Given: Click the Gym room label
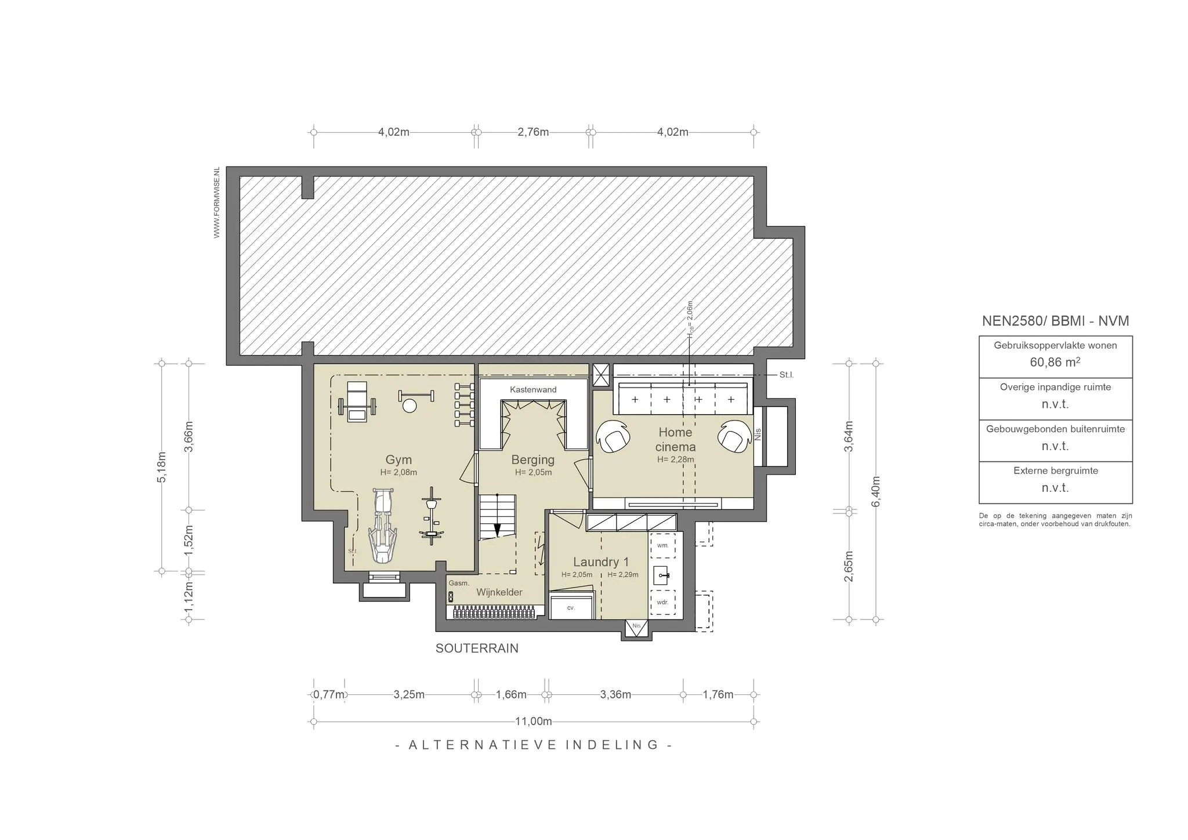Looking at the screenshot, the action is pos(399,460).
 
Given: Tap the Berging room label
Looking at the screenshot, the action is pos(533,460).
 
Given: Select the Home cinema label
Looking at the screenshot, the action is pos(675,439).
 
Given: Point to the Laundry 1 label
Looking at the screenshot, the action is pos(601,562).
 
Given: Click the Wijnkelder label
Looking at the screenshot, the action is pos(499,592).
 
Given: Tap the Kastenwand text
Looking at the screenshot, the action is pos(533,389).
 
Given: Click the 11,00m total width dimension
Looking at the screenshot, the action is pos(534,722).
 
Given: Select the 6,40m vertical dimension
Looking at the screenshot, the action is pos(876,491).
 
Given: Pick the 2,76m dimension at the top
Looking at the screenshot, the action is pos(533,132).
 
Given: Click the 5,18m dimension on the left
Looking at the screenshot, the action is pos(162,467).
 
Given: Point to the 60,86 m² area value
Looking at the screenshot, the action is pos(1055,363).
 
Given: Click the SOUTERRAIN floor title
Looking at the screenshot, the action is pos(477,649).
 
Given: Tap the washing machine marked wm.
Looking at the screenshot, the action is pos(663,545).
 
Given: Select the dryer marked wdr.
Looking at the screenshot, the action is pos(662,602).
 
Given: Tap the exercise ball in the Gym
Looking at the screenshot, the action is pos(410,405).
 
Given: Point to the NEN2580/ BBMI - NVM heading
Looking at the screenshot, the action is pos(1055,321).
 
